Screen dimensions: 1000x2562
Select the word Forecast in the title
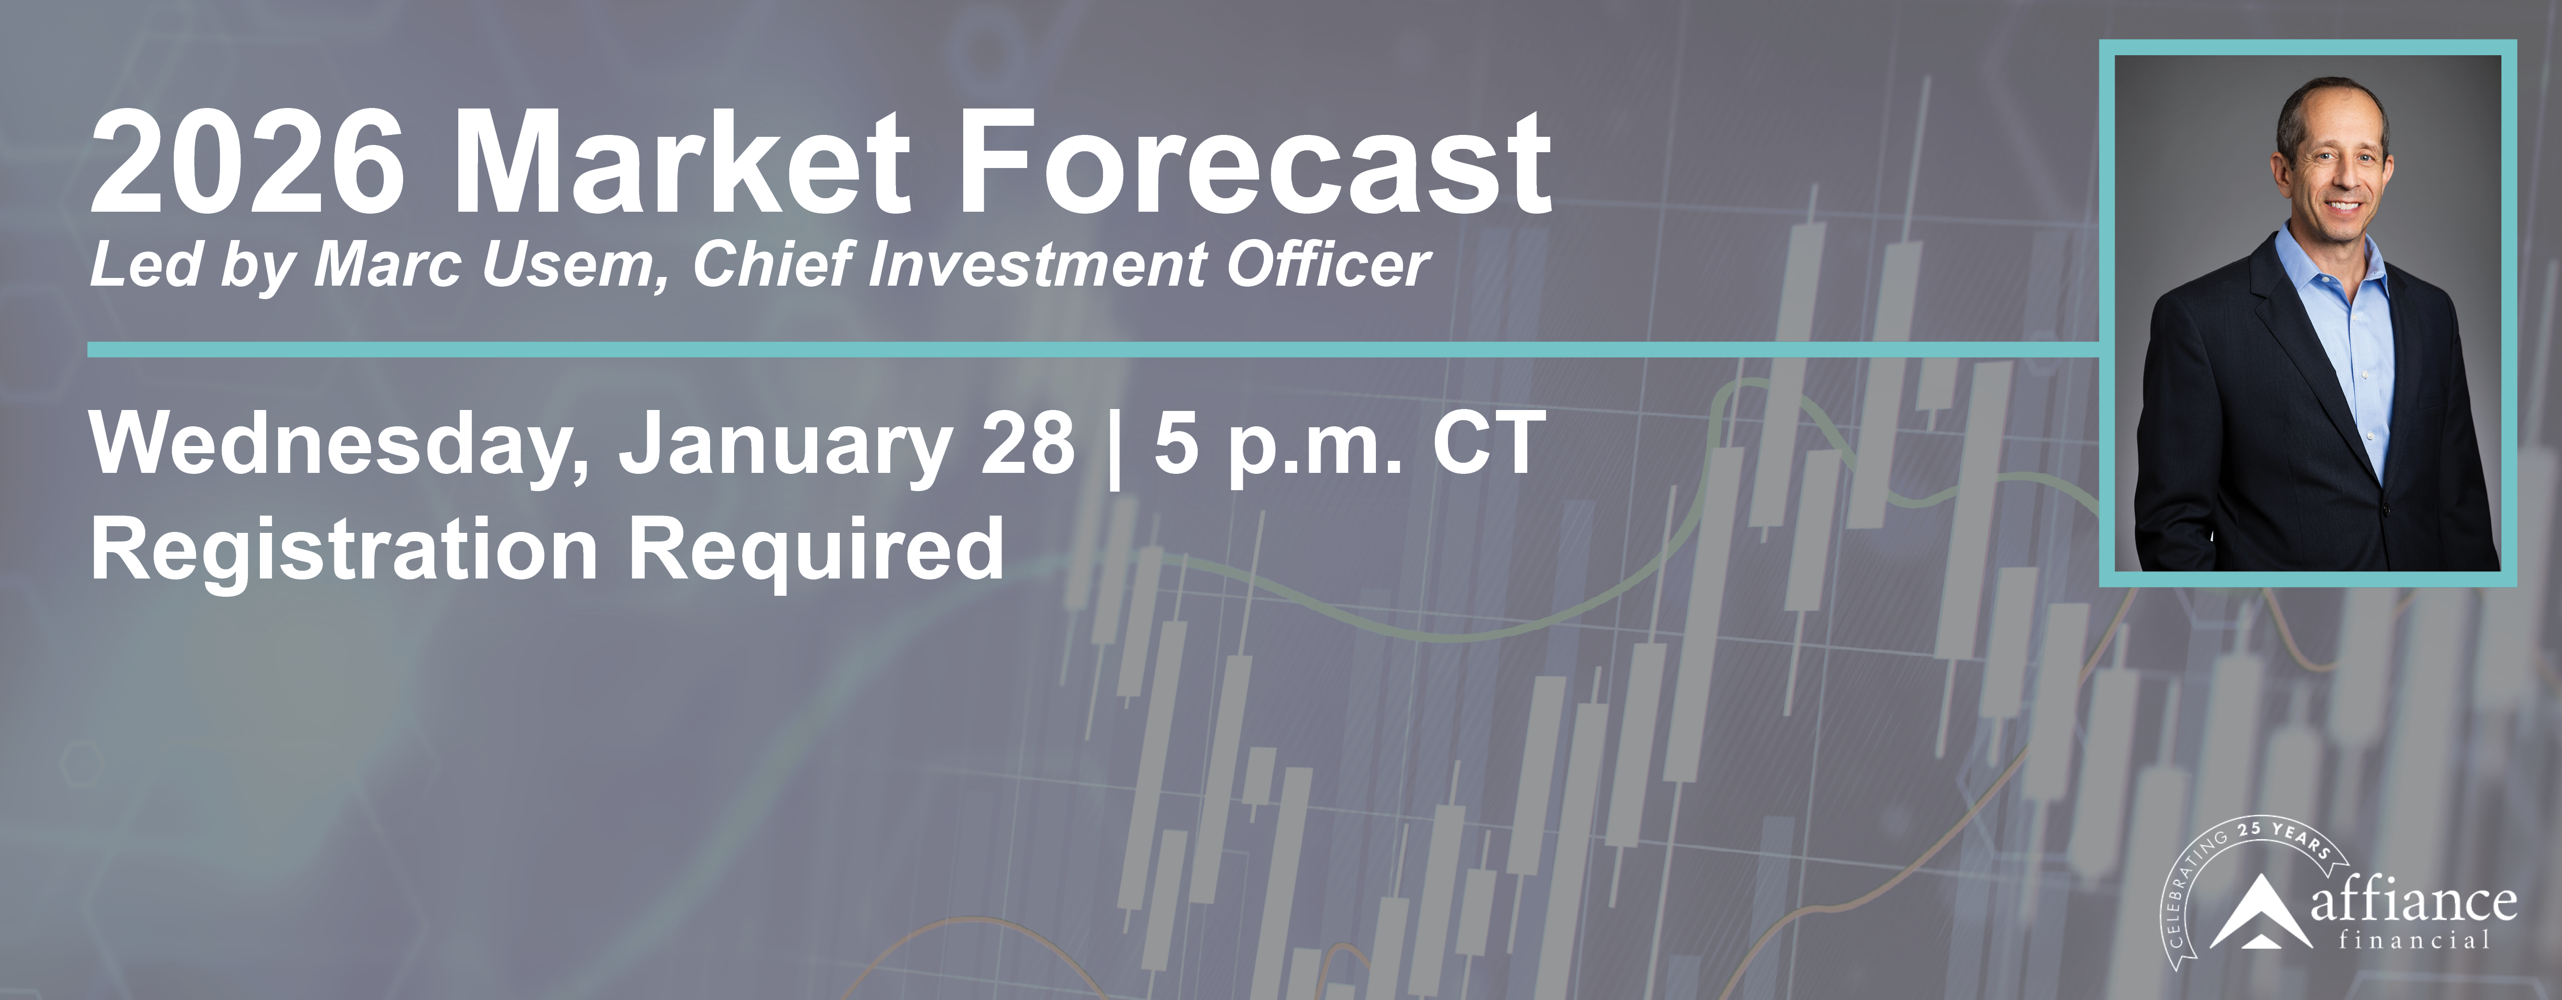tap(1253, 164)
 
